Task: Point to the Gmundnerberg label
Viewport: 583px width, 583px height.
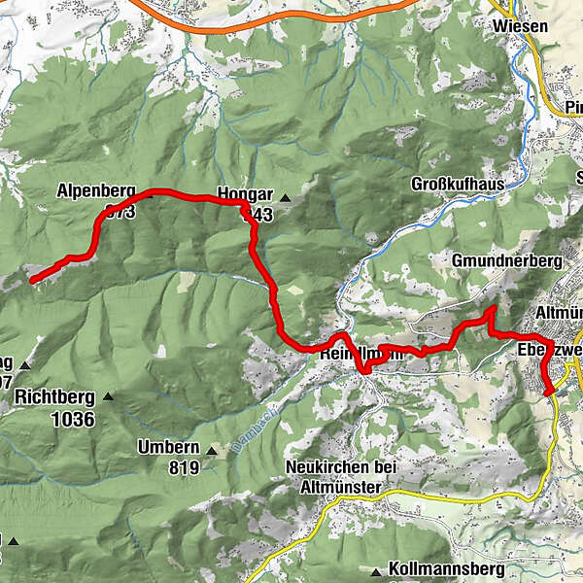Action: pyautogui.click(x=507, y=261)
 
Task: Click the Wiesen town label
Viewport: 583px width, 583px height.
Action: pyautogui.click(x=520, y=26)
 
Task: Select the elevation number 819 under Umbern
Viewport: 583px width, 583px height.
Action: pyautogui.click(x=182, y=468)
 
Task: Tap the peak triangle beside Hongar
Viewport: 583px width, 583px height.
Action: pyautogui.click(x=285, y=198)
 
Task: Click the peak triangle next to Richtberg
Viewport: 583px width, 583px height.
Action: pyautogui.click(x=108, y=397)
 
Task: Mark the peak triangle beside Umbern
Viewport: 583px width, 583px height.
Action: pyautogui.click(x=211, y=449)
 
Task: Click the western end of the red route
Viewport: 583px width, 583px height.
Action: pyautogui.click(x=32, y=280)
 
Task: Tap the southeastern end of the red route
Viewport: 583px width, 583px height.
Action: pyautogui.click(x=550, y=392)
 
